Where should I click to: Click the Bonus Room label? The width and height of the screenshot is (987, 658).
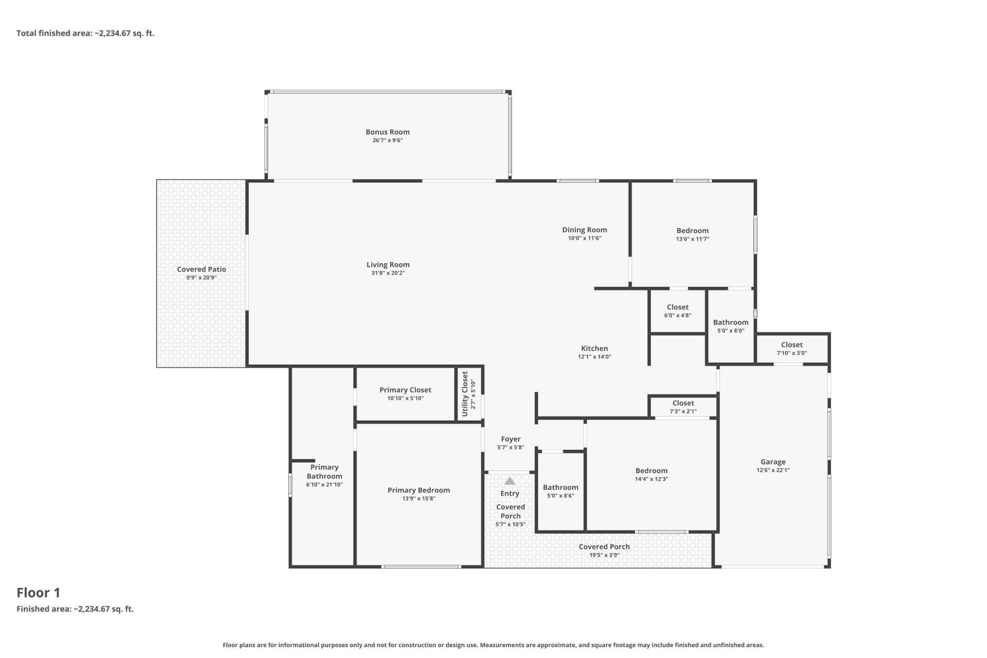click(388, 132)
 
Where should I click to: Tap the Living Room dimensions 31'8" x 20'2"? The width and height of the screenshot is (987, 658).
click(388, 273)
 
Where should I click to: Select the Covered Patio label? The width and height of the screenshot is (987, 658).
click(202, 269)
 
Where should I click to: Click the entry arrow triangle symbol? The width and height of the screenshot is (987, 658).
click(509, 481)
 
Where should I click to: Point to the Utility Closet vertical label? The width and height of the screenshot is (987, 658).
click(465, 394)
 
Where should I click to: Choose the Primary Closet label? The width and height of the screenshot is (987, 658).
click(405, 390)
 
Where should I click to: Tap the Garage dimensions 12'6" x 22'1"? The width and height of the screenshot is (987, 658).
click(773, 470)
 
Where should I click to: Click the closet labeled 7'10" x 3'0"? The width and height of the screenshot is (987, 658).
click(792, 349)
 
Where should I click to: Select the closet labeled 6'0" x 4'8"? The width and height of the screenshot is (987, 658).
click(678, 311)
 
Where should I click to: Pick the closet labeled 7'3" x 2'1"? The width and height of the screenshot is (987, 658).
click(683, 407)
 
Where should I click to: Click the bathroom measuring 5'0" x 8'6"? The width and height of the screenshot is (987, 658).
click(560, 491)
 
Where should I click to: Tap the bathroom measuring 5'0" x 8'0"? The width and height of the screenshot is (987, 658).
click(730, 326)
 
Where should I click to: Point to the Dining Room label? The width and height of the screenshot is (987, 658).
click(584, 230)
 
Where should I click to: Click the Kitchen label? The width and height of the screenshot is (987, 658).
click(594, 349)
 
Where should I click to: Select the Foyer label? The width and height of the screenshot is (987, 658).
click(510, 439)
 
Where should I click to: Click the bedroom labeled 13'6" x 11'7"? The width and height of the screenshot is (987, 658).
click(692, 234)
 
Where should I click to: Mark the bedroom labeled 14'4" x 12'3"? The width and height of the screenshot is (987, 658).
click(651, 474)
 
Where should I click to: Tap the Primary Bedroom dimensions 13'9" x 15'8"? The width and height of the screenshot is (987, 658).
click(418, 498)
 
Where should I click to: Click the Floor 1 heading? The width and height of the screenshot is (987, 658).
click(39, 593)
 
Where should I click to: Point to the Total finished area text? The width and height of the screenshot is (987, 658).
click(85, 33)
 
